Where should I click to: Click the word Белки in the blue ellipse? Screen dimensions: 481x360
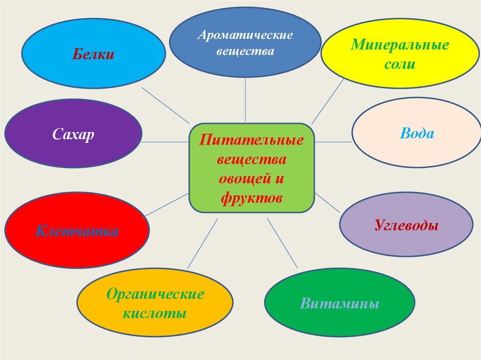click(93, 54)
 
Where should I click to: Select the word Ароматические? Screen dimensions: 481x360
click(245, 36)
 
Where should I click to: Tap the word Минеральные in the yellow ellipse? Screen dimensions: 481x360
click(400, 46)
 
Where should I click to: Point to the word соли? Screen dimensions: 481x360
click(400, 64)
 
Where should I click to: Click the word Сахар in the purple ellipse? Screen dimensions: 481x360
click(73, 135)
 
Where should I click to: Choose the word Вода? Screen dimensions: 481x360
click(417, 133)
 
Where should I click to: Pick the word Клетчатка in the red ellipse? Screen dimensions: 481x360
click(77, 231)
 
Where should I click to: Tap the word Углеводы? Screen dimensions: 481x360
click(406, 225)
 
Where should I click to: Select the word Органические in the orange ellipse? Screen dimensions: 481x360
click(155, 295)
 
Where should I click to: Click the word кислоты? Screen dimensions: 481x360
click(155, 313)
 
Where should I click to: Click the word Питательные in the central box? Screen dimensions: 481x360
click(251, 140)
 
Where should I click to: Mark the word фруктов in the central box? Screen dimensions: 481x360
click(251, 198)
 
